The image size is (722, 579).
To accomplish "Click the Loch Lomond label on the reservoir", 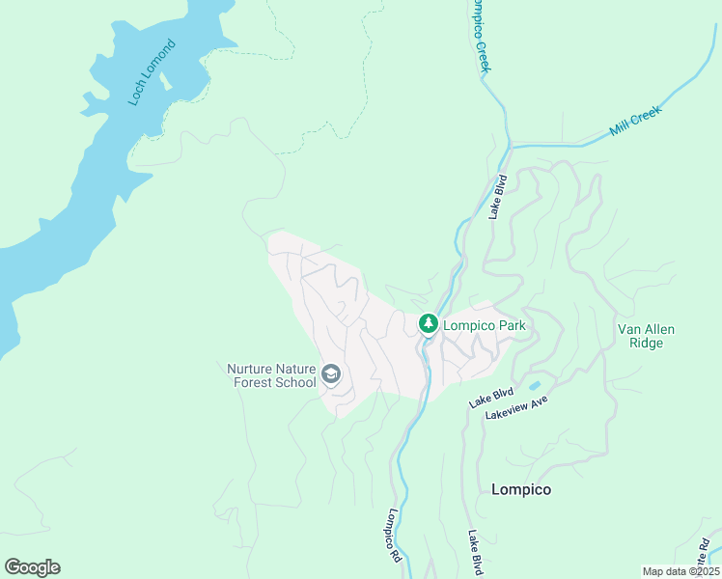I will coord(153,72).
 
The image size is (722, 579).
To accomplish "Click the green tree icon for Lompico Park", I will coord(428,324).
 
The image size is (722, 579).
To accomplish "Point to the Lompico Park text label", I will coord(485,325).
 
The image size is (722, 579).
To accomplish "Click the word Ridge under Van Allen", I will coord(647,343).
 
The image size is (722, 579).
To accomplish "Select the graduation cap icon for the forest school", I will coord(331,374).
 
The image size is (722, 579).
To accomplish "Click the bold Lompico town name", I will coord(521,489).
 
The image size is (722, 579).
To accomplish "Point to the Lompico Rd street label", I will coord(394,537).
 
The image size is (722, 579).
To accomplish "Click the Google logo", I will coord(32,566).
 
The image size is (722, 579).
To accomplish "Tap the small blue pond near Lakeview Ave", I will coord(534,386).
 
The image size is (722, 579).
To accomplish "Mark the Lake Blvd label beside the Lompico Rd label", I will coord(475,553).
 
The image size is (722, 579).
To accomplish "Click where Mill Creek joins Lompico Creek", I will coord(509,148).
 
